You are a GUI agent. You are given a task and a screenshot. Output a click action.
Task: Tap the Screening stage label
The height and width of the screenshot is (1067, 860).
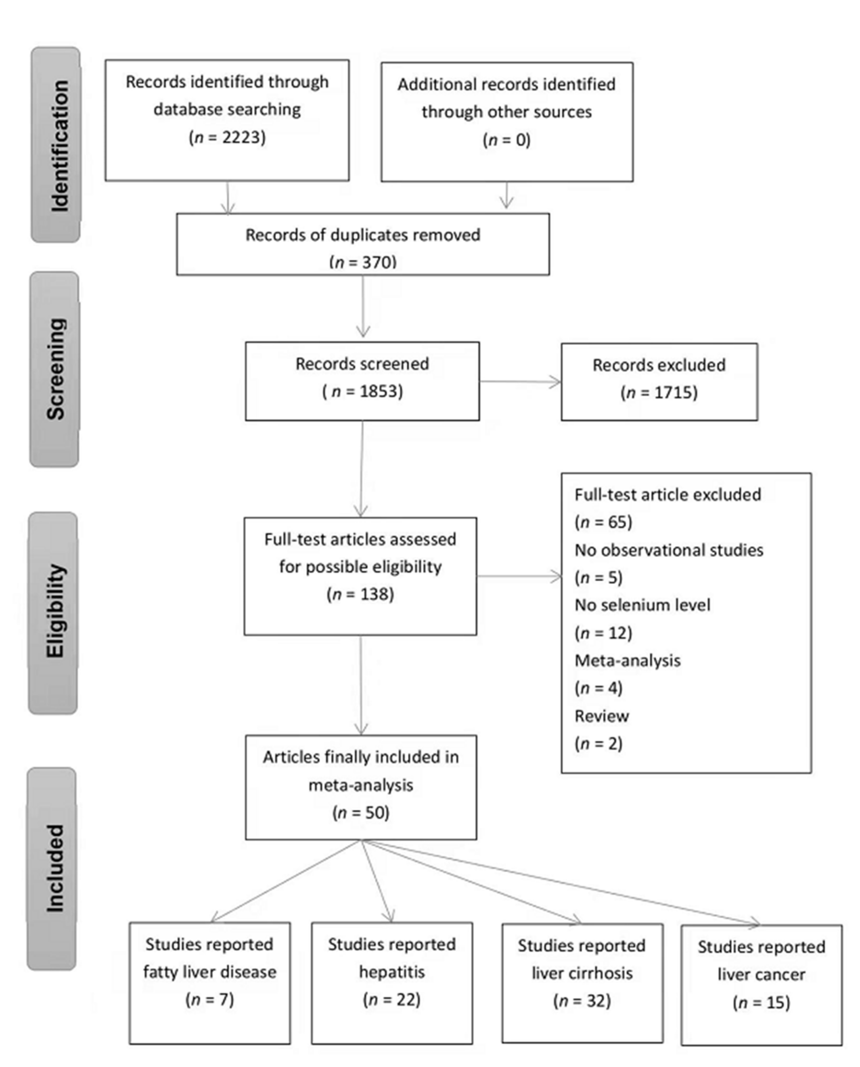(x=56, y=369)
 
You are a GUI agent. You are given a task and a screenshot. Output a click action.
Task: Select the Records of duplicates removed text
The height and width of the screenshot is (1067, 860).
(x=363, y=235)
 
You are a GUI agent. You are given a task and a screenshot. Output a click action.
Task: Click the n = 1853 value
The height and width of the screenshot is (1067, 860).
(x=363, y=392)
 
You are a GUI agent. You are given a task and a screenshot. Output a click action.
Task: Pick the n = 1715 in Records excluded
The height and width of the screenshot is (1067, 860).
(x=659, y=393)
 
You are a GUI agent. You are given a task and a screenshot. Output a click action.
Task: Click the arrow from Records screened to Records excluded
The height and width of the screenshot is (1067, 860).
(x=520, y=382)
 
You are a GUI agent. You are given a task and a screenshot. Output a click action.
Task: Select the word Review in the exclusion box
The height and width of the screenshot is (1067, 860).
(x=601, y=716)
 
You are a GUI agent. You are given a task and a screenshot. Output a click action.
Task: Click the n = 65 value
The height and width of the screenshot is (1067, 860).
(x=603, y=522)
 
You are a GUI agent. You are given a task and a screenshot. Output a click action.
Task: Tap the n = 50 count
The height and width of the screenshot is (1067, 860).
(x=361, y=812)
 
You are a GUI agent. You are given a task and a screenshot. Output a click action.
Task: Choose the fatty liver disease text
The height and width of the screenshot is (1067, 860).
(x=210, y=972)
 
